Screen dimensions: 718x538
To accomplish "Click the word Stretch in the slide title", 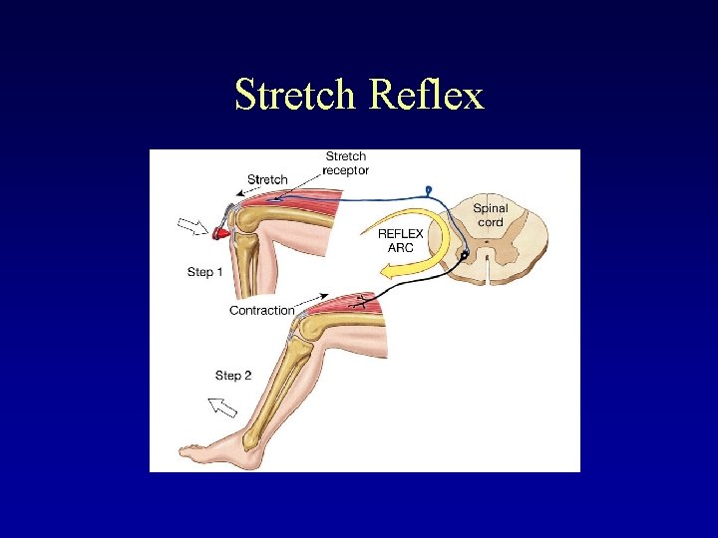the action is (x=296, y=96).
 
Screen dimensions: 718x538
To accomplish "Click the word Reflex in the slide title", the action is (x=427, y=96).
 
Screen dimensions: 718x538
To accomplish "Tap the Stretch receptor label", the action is (x=347, y=163).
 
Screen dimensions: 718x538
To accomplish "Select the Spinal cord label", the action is (x=490, y=215).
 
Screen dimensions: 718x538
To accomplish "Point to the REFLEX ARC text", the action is (x=401, y=240).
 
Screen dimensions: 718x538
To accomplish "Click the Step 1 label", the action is (x=205, y=271).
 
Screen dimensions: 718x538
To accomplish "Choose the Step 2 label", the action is (x=233, y=376).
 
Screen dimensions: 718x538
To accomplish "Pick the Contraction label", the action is (x=262, y=311).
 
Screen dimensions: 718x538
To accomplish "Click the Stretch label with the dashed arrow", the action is (x=267, y=179).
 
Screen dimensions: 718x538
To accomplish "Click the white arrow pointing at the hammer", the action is (x=190, y=225).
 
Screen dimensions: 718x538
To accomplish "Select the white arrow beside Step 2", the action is (x=222, y=406).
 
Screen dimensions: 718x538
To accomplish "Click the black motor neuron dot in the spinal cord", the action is (x=464, y=256).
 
